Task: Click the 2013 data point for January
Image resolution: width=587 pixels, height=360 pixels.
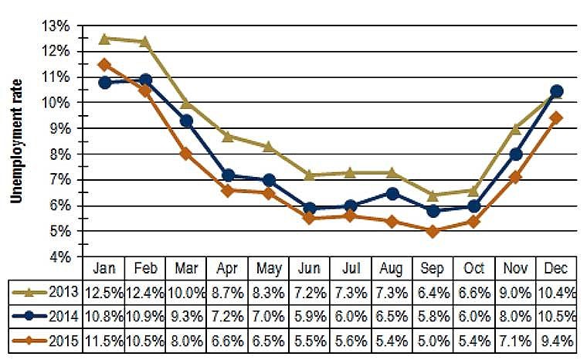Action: tap(105, 38)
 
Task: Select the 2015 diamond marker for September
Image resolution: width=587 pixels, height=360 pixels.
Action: tap(433, 231)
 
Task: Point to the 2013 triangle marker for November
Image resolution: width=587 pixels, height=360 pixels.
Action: tap(514, 128)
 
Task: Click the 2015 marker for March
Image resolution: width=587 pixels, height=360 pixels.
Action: tap(187, 153)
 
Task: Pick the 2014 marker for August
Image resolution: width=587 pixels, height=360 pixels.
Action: tap(392, 193)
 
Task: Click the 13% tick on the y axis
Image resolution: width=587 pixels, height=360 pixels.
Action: tap(59, 25)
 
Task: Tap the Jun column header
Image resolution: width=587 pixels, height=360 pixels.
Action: tap(310, 268)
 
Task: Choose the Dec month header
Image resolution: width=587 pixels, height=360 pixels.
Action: tap(555, 268)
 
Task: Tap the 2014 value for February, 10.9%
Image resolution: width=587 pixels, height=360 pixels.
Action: tap(146, 317)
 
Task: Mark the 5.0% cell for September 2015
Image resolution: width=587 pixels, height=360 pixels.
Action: tap(433, 341)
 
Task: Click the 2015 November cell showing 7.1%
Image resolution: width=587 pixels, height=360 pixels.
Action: tap(514, 341)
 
